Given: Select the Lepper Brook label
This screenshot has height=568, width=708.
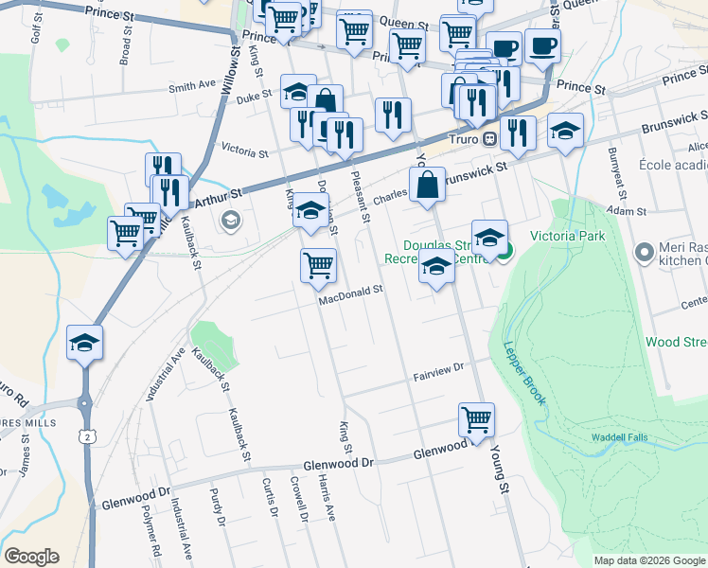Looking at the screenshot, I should pyautogui.click(x=523, y=373).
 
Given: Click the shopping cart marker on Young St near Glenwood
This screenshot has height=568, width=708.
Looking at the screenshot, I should pyautogui.click(x=476, y=420).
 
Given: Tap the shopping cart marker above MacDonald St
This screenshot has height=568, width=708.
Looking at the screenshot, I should pyautogui.click(x=319, y=265).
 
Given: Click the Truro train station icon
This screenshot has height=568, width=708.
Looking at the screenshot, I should pyautogui.click(x=489, y=139).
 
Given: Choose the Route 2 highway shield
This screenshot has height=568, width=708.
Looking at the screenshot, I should pyautogui.click(x=87, y=435).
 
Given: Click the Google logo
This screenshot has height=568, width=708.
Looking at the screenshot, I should pyautogui.click(x=31, y=557).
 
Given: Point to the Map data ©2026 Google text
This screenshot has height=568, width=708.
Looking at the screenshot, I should pyautogui.click(x=648, y=560).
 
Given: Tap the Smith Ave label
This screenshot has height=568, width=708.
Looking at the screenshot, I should pyautogui.click(x=192, y=86).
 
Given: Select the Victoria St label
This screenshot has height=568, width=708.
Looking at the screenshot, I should pyautogui.click(x=244, y=150).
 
